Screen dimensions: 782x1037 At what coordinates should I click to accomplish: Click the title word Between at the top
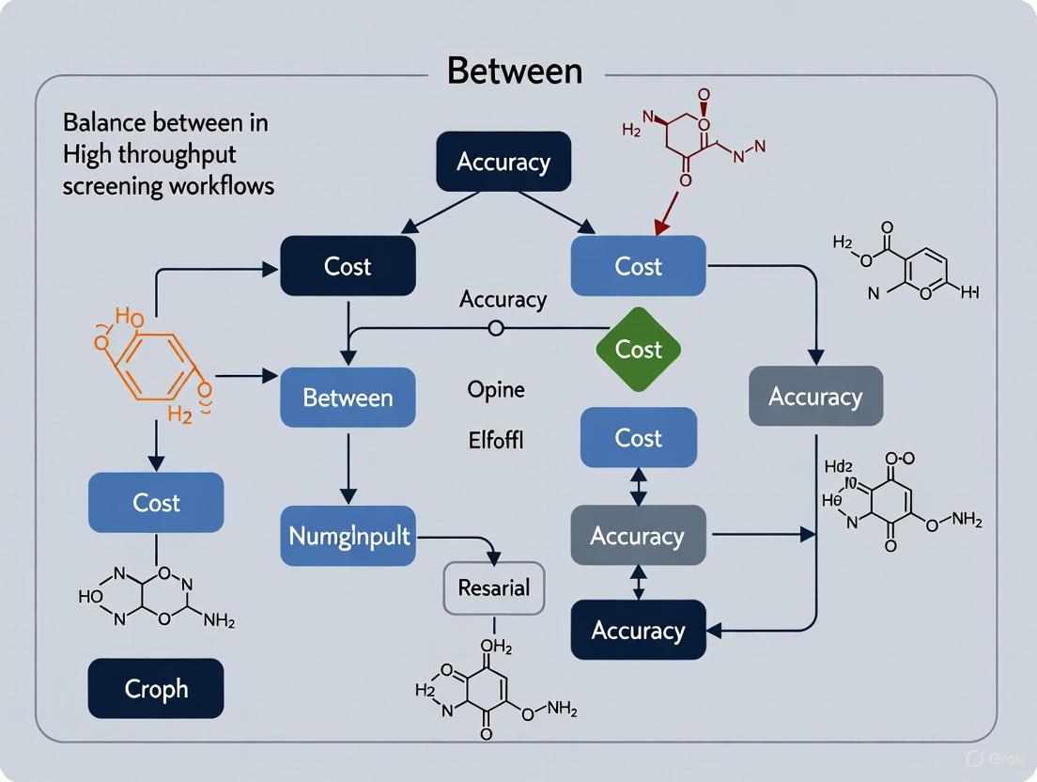point(514,71)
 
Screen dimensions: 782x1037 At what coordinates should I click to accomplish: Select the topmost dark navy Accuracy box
point(503,162)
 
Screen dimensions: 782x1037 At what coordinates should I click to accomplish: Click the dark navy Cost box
point(348,266)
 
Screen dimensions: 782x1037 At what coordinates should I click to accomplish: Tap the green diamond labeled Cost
point(639,350)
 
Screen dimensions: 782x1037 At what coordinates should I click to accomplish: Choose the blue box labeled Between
point(348,398)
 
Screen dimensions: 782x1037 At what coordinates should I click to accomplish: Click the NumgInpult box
point(348,536)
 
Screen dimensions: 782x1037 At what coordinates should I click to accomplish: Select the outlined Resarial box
point(493,588)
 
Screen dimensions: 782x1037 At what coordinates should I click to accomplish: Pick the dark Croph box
point(156,688)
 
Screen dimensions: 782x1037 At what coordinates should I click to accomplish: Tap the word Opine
point(496,389)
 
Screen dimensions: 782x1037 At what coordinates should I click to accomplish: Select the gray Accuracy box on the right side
point(815,396)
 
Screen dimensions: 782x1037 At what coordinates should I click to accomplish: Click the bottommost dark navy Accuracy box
point(638,630)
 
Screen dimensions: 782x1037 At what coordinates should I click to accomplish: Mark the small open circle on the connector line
point(496,328)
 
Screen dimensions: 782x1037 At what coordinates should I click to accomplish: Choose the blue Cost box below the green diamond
point(638,438)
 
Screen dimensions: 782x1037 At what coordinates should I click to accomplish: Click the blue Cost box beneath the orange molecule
point(156,502)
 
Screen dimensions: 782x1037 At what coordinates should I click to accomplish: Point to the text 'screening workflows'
point(168,186)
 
